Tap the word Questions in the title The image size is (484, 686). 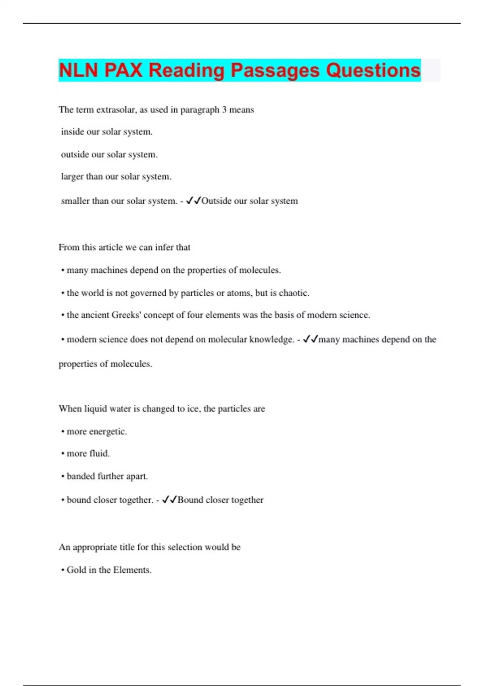[373, 70]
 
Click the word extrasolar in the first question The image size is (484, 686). [116, 110]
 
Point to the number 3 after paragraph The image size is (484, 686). [224, 110]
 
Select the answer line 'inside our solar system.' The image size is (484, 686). [106, 132]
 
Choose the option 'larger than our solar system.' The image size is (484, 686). [116, 177]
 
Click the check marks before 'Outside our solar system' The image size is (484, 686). [193, 201]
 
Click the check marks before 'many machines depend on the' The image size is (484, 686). [311, 339]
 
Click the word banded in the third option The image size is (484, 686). [81, 477]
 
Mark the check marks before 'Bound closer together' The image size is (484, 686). [169, 500]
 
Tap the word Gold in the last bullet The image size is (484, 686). [76, 570]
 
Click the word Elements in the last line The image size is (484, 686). [132, 570]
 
